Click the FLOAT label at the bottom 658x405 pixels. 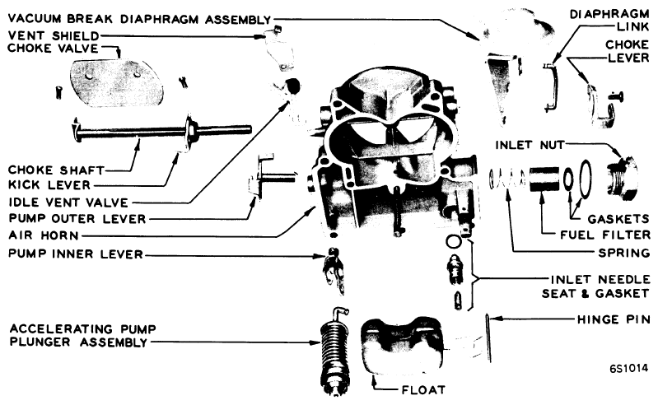pos(423,390)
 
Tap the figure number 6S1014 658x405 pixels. pos(628,368)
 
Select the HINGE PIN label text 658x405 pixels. pos(614,319)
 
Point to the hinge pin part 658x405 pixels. pos(488,338)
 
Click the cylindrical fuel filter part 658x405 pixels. pos(544,179)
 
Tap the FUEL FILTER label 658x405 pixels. pos(605,235)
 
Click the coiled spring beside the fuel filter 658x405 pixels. pos(506,179)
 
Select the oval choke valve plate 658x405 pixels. pos(116,83)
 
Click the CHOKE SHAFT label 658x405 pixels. pos(56,170)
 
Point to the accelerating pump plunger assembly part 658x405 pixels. pos(334,351)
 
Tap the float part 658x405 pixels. pos(402,347)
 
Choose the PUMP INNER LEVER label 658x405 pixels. pos(76,254)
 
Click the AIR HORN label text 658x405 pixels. pos(44,235)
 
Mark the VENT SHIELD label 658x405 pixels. pos(54,36)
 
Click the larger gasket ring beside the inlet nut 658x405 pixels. pos(585,178)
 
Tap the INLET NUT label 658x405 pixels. pos(530,145)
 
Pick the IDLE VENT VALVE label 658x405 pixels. pos(68,202)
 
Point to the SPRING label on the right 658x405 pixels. pos(624,254)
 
